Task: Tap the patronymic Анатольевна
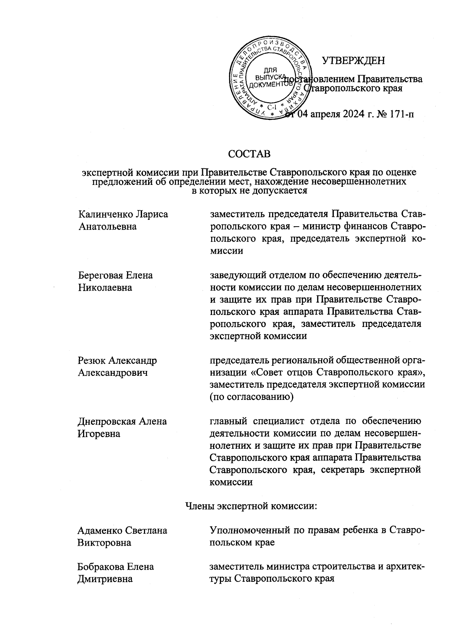point(107,227)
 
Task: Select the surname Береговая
point(100,275)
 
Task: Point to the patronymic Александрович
point(112,373)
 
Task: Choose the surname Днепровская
point(106,421)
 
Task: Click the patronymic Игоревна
point(99,434)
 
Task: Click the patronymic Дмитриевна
point(105,579)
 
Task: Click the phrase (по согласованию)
point(251,397)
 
